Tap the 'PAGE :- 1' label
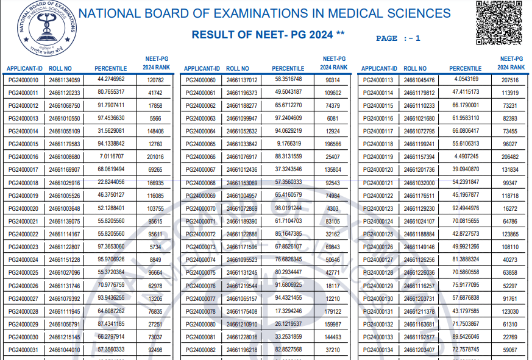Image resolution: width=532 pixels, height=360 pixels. pos(398,38)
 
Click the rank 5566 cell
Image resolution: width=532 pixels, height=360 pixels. pos(155,118)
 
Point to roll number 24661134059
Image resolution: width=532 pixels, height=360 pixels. pos(65,80)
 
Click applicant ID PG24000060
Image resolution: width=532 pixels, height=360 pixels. pos(200,80)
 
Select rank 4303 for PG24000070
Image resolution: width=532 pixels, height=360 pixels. pos(333,208)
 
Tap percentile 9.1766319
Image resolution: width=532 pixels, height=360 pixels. pos(288,144)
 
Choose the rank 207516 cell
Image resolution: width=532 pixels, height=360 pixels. pos(510,80)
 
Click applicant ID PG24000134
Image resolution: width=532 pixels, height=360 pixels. pos(378,350)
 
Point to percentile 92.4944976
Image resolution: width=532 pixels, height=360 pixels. pos(467,208)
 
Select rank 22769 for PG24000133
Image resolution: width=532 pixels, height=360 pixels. pos(510,337)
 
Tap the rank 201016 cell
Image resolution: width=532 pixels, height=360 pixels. pos(155,157)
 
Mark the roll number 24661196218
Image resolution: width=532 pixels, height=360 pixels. pos(242,350)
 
